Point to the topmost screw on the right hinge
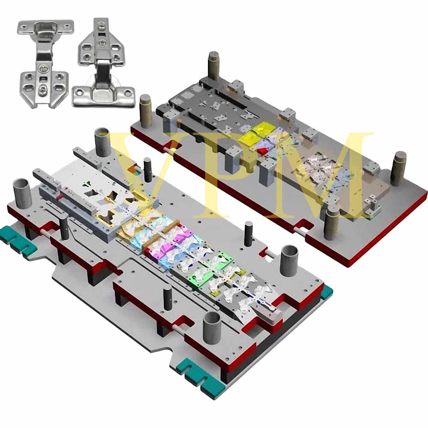pyautogui.click(x=101, y=27)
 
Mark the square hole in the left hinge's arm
pyautogui.click(x=43, y=79)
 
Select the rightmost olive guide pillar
pyautogui.click(x=398, y=169)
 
